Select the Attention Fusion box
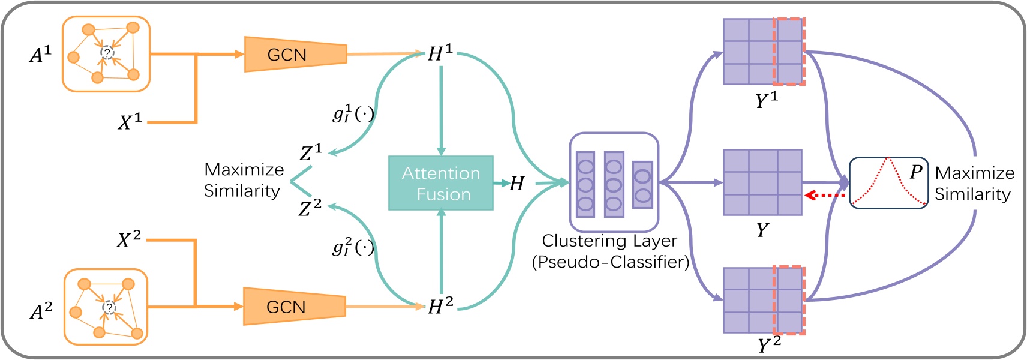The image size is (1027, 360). [x=441, y=183]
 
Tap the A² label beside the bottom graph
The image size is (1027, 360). [x=41, y=311]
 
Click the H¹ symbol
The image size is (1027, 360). [x=440, y=53]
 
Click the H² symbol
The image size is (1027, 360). [x=440, y=306]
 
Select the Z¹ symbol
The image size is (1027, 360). [x=311, y=153]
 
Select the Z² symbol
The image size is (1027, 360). [x=310, y=208]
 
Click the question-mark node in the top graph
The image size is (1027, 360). [x=107, y=53]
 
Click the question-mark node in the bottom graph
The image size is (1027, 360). [x=109, y=308]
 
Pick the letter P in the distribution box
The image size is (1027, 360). [x=915, y=172]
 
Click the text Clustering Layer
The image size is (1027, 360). [x=609, y=241]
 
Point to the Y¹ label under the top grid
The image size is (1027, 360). [x=766, y=100]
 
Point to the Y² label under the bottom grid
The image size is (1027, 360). [x=768, y=345]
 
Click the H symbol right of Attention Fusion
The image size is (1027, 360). [x=516, y=184]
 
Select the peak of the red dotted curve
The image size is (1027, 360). [x=888, y=159]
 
